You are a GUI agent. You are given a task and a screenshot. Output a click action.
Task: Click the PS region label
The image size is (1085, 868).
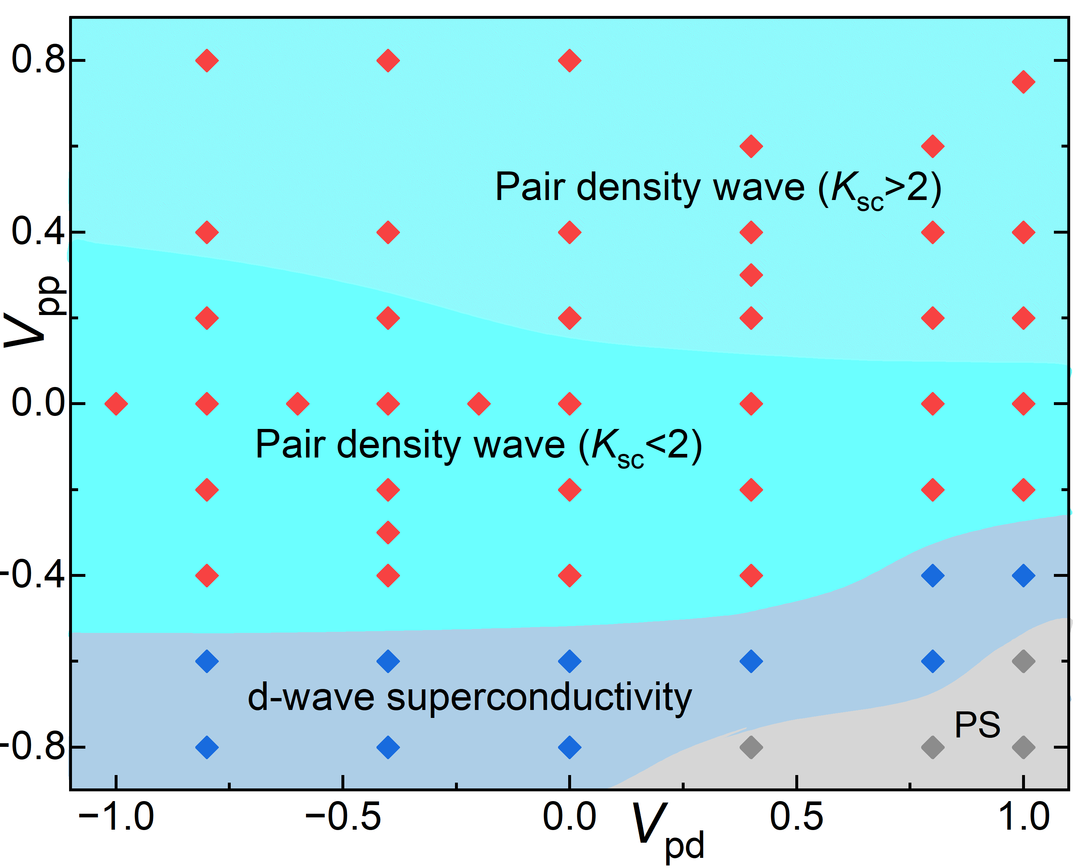tap(977, 725)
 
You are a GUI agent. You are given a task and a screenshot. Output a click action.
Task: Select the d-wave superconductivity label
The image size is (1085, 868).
tap(469, 697)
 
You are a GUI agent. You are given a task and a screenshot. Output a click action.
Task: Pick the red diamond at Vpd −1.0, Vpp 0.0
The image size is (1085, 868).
tap(116, 404)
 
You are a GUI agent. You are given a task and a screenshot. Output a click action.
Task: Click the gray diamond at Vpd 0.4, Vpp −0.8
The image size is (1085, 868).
tap(751, 747)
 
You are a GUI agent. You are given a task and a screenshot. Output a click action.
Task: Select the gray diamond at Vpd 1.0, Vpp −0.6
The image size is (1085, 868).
tap(1024, 661)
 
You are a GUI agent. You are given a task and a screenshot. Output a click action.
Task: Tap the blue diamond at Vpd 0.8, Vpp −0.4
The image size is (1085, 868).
tap(932, 575)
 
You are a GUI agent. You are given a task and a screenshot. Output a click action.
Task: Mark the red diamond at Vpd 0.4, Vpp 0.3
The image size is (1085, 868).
tap(751, 275)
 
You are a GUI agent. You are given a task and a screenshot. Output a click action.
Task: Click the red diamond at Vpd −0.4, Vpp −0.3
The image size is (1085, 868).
tap(388, 532)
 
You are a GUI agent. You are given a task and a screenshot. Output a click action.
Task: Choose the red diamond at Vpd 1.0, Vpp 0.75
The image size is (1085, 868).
tap(1024, 82)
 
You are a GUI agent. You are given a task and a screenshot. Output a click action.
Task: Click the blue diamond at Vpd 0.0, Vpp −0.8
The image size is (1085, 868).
tap(570, 747)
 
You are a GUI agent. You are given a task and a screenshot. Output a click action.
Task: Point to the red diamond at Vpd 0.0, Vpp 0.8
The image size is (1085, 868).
tap(570, 60)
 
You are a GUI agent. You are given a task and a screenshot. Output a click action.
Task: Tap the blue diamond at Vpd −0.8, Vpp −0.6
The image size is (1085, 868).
tap(207, 661)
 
